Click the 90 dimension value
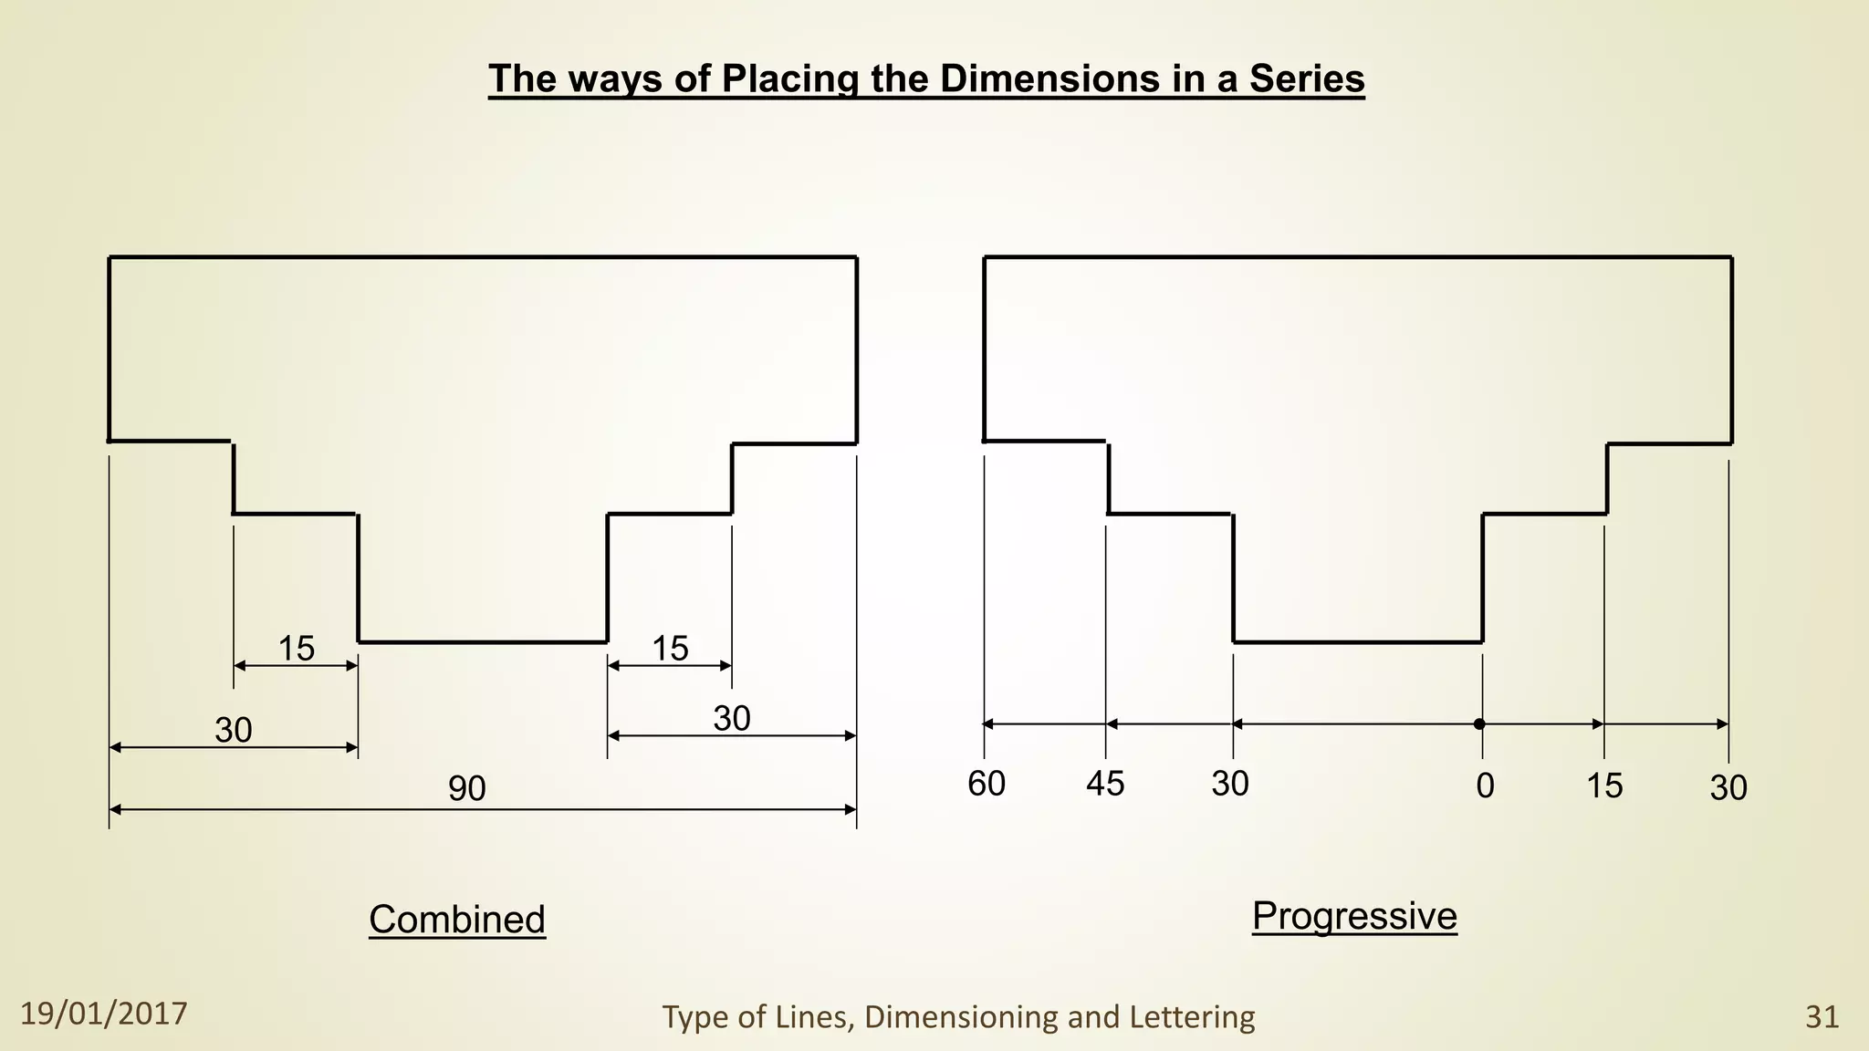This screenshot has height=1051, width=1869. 466,789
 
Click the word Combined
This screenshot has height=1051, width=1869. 457,919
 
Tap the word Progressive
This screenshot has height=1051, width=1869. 1354,915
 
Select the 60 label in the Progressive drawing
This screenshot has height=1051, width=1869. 987,784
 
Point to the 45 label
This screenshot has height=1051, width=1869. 1105,784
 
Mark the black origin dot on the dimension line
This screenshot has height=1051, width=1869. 1479,724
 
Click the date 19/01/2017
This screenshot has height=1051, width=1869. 104,1014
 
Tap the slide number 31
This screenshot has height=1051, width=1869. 1822,1016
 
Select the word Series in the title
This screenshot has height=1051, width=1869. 1307,78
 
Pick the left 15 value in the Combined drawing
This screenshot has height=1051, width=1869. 296,649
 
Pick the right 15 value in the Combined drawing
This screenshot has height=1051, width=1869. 670,649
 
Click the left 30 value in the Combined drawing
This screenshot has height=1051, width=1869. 234,730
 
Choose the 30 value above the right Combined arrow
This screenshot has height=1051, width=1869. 732,719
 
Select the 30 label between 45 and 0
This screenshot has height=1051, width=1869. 1230,784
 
